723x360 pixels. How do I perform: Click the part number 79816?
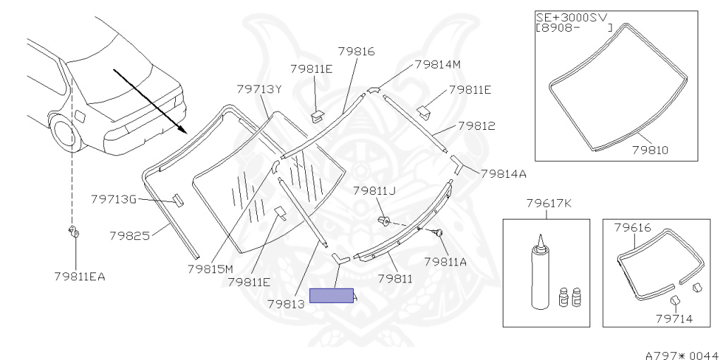tap(357, 51)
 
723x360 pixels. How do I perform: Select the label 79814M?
tap(438, 64)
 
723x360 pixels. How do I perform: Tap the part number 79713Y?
tap(258, 89)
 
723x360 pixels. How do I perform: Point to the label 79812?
tap(477, 126)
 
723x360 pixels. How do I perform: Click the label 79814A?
tap(503, 174)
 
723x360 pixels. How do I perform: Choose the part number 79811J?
tap(375, 191)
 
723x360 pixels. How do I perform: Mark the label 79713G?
tap(114, 199)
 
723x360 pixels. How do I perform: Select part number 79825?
tap(130, 236)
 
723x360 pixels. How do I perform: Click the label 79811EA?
tap(80, 277)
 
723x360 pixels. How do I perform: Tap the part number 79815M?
tap(210, 269)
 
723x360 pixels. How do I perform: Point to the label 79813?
tap(287, 304)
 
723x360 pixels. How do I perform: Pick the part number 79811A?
tap(446, 262)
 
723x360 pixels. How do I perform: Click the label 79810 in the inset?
tap(650, 150)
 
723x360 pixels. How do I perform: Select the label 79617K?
tap(549, 203)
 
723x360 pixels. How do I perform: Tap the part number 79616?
tap(633, 227)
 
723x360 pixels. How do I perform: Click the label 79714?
tap(674, 319)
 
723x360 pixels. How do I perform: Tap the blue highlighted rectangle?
tap(331, 296)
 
